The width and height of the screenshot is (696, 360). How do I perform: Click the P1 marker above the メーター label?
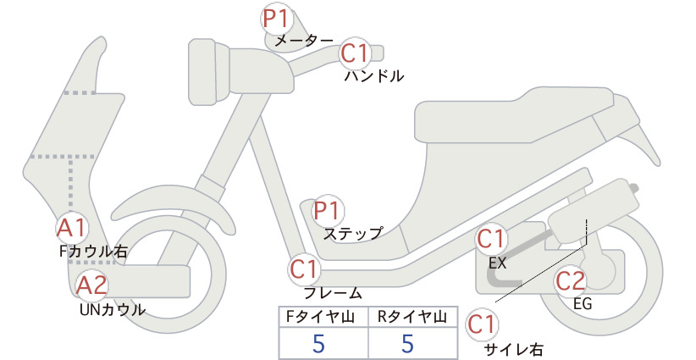coord(276,19)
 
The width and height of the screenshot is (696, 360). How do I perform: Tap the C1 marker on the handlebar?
coord(355,53)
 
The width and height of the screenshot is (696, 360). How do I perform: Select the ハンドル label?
coord(374,76)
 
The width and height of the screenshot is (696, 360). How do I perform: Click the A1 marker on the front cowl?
coord(71,229)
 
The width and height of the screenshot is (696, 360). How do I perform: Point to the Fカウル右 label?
coord(93,252)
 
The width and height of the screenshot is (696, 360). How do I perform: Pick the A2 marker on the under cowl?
coord(91,285)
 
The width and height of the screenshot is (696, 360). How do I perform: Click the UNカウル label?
coord(113,309)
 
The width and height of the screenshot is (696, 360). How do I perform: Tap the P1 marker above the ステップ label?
coord(327,211)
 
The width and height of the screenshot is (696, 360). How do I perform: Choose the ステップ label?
coord(353,234)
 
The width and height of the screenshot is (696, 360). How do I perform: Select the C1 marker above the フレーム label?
coord(304,269)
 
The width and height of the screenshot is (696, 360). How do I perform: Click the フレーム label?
coord(333,293)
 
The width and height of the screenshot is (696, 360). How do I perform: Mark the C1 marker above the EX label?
coord(490,239)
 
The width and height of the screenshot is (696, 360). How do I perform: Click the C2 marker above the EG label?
coord(570,281)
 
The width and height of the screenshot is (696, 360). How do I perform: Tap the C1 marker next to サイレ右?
coord(482,324)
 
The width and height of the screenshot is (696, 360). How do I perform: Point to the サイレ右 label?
coord(513,350)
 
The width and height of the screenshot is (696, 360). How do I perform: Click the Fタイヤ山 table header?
coord(320,317)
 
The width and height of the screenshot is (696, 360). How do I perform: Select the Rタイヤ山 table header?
coord(412,317)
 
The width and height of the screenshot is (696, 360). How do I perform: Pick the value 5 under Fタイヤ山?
coord(318,343)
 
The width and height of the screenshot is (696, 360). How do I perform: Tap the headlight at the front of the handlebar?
coord(208,72)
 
